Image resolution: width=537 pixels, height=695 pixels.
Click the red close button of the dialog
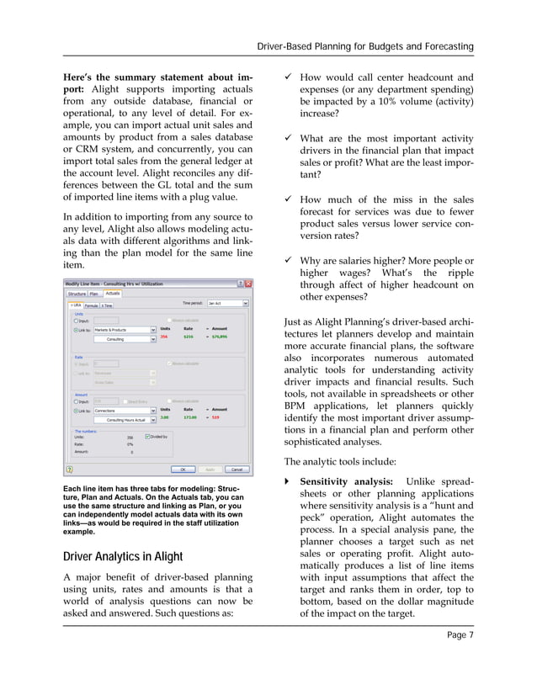pos(243,284)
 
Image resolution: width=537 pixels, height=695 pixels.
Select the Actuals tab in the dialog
pos(113,293)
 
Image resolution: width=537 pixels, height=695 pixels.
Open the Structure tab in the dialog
pos(77,293)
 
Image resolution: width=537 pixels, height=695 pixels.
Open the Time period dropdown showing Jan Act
pos(227,304)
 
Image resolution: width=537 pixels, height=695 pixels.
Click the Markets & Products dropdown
pos(124,330)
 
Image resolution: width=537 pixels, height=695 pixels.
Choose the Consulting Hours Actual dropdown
pos(124,418)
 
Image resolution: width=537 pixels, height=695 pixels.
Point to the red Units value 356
pos(165,337)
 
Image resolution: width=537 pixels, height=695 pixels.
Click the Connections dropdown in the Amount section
pos(124,410)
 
